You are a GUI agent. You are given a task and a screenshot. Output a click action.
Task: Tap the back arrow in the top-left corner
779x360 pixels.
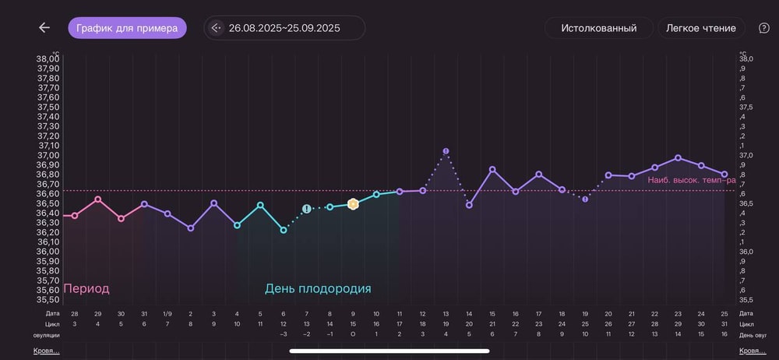pyautogui.click(x=44, y=28)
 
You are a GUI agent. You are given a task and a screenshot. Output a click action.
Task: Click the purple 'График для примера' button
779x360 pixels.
pyautogui.click(x=127, y=28)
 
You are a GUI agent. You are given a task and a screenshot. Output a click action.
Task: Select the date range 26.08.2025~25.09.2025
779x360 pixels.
pyautogui.click(x=284, y=28)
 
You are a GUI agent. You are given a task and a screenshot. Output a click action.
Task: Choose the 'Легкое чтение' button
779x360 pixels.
pyautogui.click(x=701, y=28)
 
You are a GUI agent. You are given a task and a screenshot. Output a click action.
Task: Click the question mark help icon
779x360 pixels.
pyautogui.click(x=763, y=28)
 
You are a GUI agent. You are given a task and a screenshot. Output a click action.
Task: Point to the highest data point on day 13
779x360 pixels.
pyautogui.click(x=446, y=151)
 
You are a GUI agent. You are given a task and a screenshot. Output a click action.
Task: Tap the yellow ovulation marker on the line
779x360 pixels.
pyautogui.click(x=353, y=204)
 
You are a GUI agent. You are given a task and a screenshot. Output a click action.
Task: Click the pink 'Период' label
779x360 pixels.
pyautogui.click(x=86, y=288)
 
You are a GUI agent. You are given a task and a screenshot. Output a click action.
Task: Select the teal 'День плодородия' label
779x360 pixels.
pyautogui.click(x=318, y=288)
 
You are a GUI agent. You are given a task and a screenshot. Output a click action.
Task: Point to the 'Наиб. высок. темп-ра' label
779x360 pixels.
pyautogui.click(x=691, y=180)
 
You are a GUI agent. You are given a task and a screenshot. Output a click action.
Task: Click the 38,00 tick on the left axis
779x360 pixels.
pyautogui.click(x=48, y=59)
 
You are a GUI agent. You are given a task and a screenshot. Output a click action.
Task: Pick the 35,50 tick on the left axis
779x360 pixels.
pyautogui.click(x=48, y=299)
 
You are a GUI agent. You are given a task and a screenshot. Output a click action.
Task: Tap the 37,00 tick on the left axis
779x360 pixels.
pyautogui.click(x=48, y=155)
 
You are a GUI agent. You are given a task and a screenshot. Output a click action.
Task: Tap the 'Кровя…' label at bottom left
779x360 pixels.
pyautogui.click(x=46, y=351)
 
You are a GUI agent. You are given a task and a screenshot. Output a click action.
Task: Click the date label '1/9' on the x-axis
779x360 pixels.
pyautogui.click(x=167, y=313)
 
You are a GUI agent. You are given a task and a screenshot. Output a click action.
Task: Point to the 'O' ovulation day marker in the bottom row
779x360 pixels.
pyautogui.click(x=353, y=335)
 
